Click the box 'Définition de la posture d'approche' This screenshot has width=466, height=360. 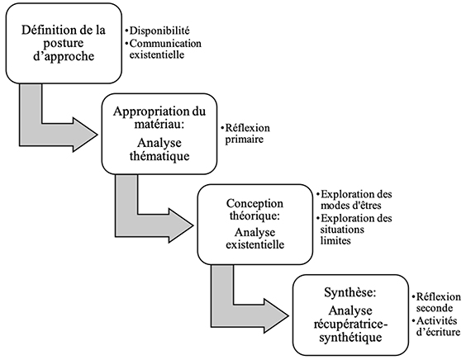coord(64,44)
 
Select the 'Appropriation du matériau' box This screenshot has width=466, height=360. coord(159,134)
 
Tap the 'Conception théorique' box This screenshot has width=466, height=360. coord(255,225)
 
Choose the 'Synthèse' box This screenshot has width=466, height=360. coord(350,315)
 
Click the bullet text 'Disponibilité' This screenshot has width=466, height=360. coord(157,31)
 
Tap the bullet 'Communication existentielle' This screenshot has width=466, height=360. coord(163,49)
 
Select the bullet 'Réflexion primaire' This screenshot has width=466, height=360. coord(245,134)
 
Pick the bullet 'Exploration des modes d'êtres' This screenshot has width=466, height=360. coord(354,200)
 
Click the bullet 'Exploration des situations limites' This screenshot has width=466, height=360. coord(354,230)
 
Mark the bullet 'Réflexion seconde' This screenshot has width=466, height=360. coord(436,302)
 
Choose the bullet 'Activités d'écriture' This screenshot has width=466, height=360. coord(436,326)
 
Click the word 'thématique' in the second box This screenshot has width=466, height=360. coord(159,156)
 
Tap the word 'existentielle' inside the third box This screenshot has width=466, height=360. coord(255,244)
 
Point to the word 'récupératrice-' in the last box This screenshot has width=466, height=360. coord(350,324)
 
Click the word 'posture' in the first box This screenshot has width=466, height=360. coord(64,44)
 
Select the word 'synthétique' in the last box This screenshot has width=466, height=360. coord(350,338)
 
